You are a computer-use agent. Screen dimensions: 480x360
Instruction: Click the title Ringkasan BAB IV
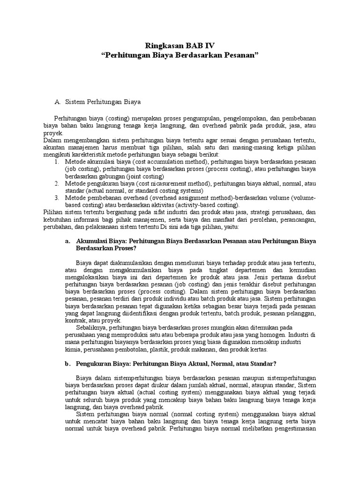[x=180, y=45]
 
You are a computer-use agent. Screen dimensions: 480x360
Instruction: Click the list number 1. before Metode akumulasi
[x=56, y=162]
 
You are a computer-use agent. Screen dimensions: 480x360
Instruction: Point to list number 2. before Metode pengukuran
[x=56, y=183]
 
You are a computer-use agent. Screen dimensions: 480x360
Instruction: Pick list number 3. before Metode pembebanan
[x=56, y=198]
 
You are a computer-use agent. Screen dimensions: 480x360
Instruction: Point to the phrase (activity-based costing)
[x=202, y=205]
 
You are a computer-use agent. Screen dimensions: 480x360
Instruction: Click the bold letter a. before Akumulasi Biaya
[x=68, y=241]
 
